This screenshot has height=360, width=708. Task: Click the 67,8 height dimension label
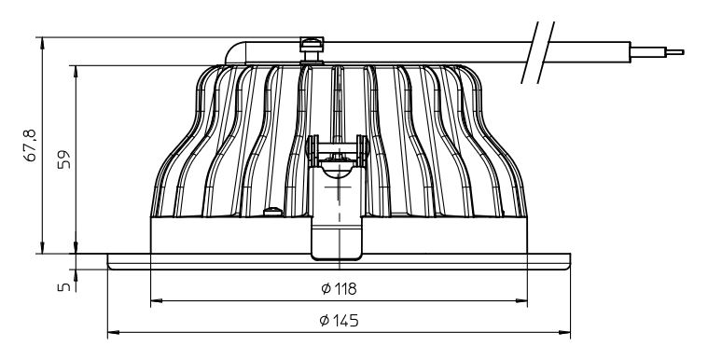[x=31, y=145]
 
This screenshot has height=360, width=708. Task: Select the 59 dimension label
[x=64, y=159]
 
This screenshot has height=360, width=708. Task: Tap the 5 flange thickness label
[x=63, y=287]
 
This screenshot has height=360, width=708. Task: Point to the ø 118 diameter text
[x=339, y=288]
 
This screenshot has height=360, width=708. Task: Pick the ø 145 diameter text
[x=339, y=321]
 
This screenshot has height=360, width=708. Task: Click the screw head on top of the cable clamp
[x=312, y=43]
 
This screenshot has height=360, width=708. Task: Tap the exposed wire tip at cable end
[x=675, y=52]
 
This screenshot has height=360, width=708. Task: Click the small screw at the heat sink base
[x=272, y=212]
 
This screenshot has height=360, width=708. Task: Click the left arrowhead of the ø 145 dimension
[x=113, y=332]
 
